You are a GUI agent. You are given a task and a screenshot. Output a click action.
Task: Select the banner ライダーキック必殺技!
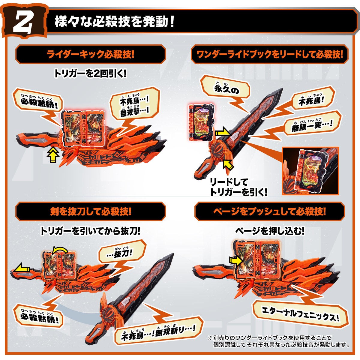coord(90,54)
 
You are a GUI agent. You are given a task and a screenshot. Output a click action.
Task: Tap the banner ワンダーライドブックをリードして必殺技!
coord(269,54)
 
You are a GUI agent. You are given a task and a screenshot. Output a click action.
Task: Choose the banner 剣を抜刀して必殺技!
coord(90,212)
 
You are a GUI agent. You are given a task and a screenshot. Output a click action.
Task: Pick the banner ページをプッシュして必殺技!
coord(269,212)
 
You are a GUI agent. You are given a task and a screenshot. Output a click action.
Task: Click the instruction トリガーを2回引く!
coord(90,74)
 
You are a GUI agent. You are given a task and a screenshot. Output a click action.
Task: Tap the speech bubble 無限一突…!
coord(312,123)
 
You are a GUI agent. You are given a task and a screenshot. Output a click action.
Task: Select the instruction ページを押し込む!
coord(269,231)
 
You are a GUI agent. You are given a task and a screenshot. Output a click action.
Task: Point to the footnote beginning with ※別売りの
coord(277,341)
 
